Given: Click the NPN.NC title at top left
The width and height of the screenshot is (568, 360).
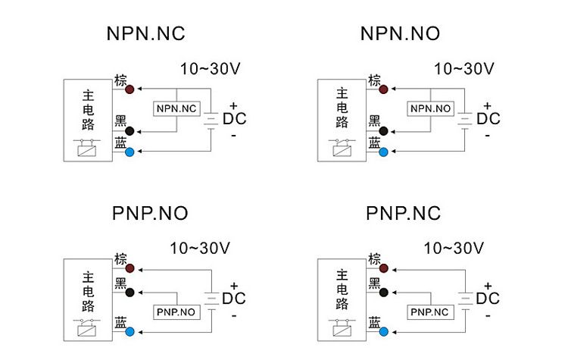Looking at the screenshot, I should click(x=145, y=34).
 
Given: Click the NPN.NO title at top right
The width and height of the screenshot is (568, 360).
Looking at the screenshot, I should click(x=400, y=34).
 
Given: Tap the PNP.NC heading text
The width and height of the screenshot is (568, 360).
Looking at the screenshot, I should click(x=403, y=214).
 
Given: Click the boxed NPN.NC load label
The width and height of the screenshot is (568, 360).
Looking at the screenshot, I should click(x=176, y=110).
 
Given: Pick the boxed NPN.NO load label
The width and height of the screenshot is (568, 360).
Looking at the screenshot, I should click(x=430, y=110).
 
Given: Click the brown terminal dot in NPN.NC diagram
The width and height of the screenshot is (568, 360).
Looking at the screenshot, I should click(x=130, y=89).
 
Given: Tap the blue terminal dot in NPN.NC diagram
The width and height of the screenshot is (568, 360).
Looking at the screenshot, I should click(x=130, y=152).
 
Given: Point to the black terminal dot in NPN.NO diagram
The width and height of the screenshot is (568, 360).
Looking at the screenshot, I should click(x=384, y=131).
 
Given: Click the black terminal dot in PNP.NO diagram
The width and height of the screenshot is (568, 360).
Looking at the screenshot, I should click(x=130, y=292).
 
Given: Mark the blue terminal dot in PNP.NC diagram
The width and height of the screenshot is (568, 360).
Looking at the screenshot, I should click(x=384, y=331).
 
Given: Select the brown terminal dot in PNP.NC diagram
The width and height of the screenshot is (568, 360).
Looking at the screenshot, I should click(x=384, y=269).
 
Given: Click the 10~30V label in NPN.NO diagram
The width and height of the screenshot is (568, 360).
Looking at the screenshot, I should click(x=463, y=69).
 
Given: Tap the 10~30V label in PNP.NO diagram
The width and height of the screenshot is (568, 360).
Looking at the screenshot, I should click(x=200, y=248).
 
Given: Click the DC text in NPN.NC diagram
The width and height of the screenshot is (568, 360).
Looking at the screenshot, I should click(x=234, y=119).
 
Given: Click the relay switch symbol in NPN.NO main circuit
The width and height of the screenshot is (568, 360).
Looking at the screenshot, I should click(x=342, y=147).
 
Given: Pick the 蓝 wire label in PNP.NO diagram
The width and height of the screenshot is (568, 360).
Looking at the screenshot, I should click(x=120, y=323).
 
